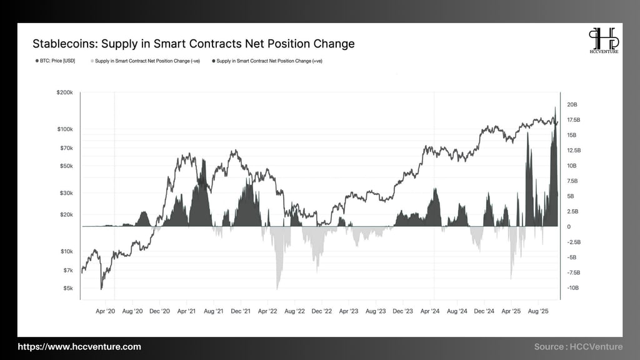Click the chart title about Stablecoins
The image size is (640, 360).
coord(193,44)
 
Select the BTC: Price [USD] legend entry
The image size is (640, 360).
coord(56,61)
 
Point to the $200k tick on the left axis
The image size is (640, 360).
coord(65,92)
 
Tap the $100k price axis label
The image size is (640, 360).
coord(65,129)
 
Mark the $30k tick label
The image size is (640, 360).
coord(66,193)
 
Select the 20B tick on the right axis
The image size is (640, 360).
coord(572,104)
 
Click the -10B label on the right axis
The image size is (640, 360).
coord(572,288)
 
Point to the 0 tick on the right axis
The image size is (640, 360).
coord(569,227)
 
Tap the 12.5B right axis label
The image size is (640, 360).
coord(574,151)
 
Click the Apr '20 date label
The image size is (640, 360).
coord(106,311)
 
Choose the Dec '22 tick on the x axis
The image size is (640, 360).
coord(321,311)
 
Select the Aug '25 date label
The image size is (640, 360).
coord(538,311)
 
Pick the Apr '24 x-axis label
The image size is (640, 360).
coord(431,311)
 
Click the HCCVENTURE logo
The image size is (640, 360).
coord(604,41)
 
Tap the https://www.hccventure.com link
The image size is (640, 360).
coord(79,347)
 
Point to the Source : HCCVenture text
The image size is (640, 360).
coord(578,347)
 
